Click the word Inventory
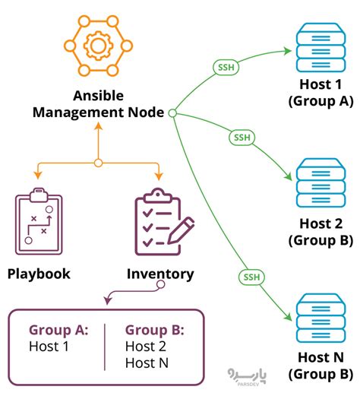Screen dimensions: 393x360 [x=160, y=274]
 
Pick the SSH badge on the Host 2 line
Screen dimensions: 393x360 [x=240, y=138]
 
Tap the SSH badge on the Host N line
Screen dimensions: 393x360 [x=251, y=276]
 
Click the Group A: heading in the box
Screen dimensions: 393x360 [x=58, y=331]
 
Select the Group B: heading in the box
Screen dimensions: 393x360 [x=154, y=331]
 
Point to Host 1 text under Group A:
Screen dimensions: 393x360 [x=49, y=347]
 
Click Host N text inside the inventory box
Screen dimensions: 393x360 [x=147, y=363]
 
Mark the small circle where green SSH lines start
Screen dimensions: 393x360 [x=172, y=113]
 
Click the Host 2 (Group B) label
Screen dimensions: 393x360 [x=320, y=233]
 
